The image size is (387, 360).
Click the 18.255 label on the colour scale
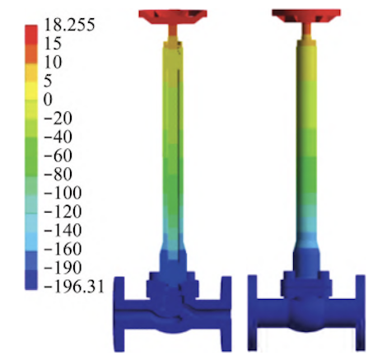click(69, 25)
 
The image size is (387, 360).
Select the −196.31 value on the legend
click(74, 287)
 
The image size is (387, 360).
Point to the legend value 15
click(53, 43)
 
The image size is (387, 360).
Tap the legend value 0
click(48, 100)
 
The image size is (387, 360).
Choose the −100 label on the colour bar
click(63, 193)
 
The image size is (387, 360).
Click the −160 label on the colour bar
click(63, 249)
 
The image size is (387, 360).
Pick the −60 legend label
click(58, 156)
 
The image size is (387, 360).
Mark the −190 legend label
click(63, 268)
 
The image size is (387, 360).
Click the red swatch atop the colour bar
click(31, 35)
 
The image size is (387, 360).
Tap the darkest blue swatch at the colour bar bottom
click(31, 280)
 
